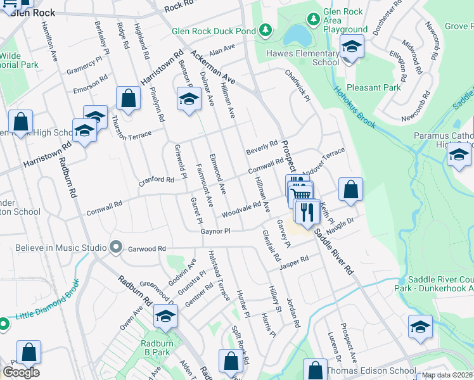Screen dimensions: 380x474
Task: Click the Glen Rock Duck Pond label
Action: point(213,31)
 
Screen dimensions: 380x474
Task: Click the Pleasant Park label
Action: point(374,87)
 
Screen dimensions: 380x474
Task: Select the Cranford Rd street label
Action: point(157,180)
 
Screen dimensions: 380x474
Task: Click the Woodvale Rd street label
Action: point(241,208)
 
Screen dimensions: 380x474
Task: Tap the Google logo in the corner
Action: point(21,372)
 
